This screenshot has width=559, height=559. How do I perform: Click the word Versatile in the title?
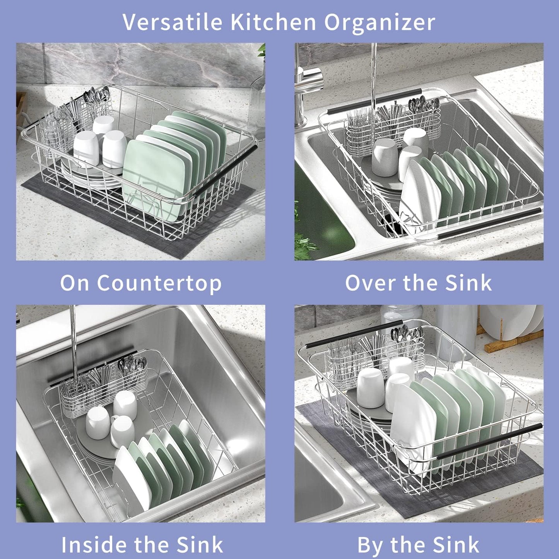173,22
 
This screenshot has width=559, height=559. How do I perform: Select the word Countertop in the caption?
159,283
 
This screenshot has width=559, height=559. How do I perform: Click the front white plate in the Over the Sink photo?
420,190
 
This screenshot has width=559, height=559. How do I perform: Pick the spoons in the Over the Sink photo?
424,104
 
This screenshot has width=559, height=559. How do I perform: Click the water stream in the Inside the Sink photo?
73,340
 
